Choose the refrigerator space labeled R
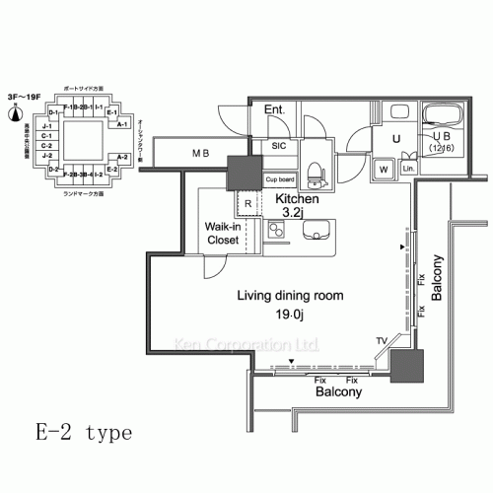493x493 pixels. click(x=248, y=205)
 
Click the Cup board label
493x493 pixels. click(x=279, y=179)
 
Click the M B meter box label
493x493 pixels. click(x=200, y=153)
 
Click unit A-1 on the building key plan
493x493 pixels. click(x=122, y=125)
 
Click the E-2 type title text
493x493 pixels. click(x=80, y=433)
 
